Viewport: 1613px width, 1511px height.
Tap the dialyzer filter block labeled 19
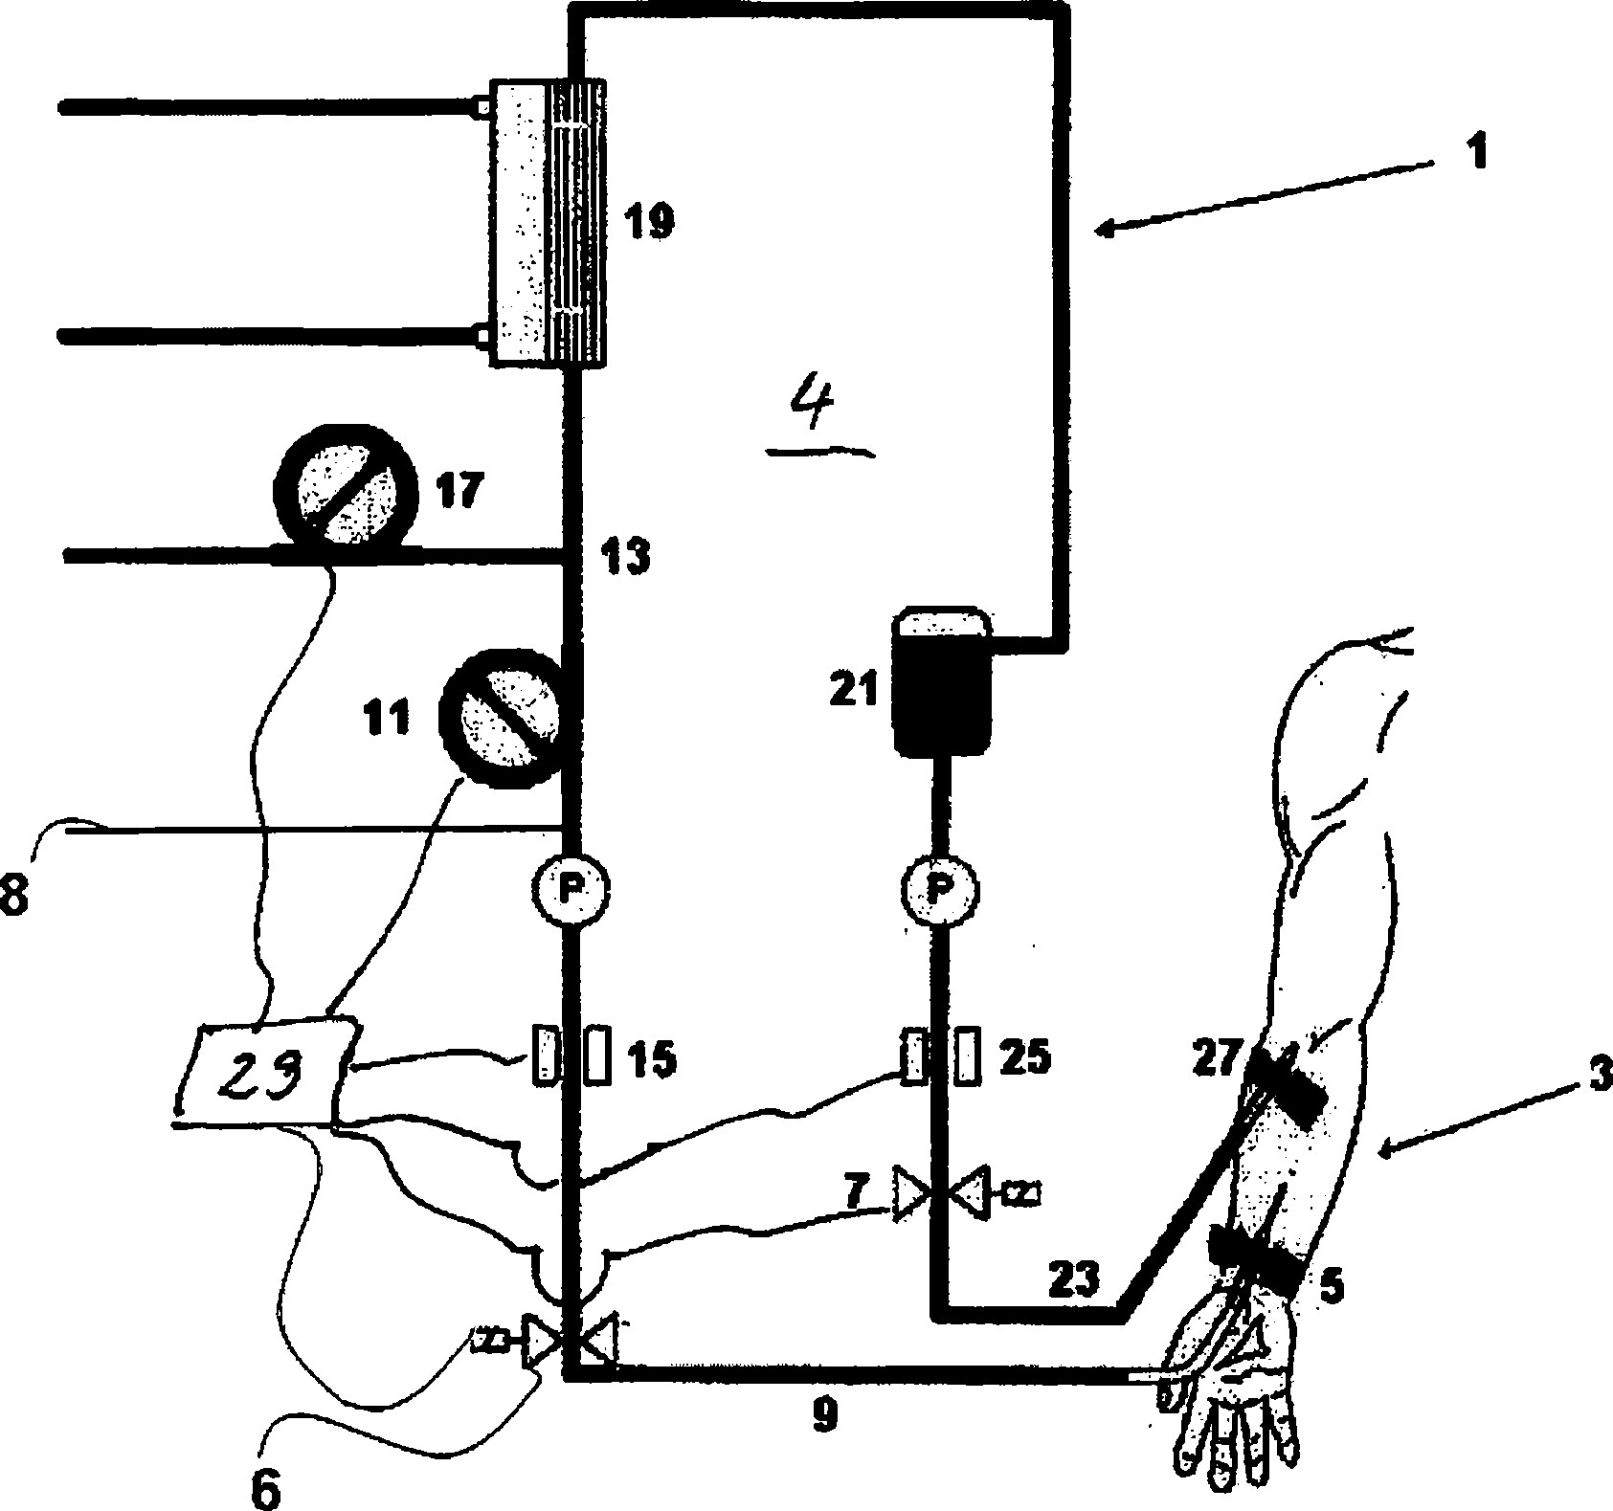(548, 222)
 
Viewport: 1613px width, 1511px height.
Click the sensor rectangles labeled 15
(571, 1055)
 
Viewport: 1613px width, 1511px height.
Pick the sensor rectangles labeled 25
(940, 1055)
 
